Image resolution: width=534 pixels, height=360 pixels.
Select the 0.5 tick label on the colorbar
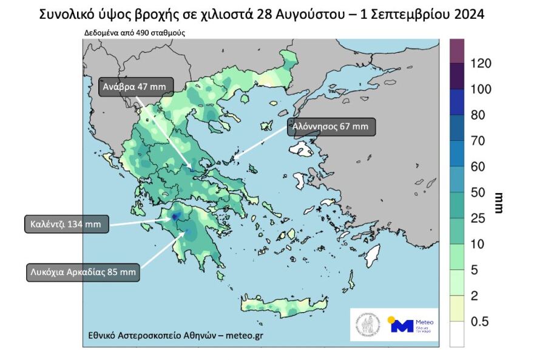(x=479, y=322)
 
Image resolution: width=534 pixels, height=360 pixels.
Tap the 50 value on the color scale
(x=479, y=193)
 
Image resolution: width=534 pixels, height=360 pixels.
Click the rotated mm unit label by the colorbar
(x=499, y=203)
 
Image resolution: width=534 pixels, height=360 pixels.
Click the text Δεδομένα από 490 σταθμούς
(x=135, y=33)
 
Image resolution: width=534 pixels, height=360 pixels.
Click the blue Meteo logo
(x=402, y=325)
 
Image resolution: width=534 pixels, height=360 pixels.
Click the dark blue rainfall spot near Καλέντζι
(x=176, y=216)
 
